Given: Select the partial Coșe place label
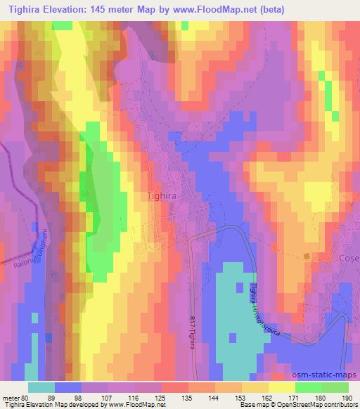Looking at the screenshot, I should point(349,258).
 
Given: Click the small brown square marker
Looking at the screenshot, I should point(307,257).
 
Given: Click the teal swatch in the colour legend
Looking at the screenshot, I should point(42,387).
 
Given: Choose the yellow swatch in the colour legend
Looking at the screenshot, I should point(281,387).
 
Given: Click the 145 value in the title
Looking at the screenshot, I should point(125,8).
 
